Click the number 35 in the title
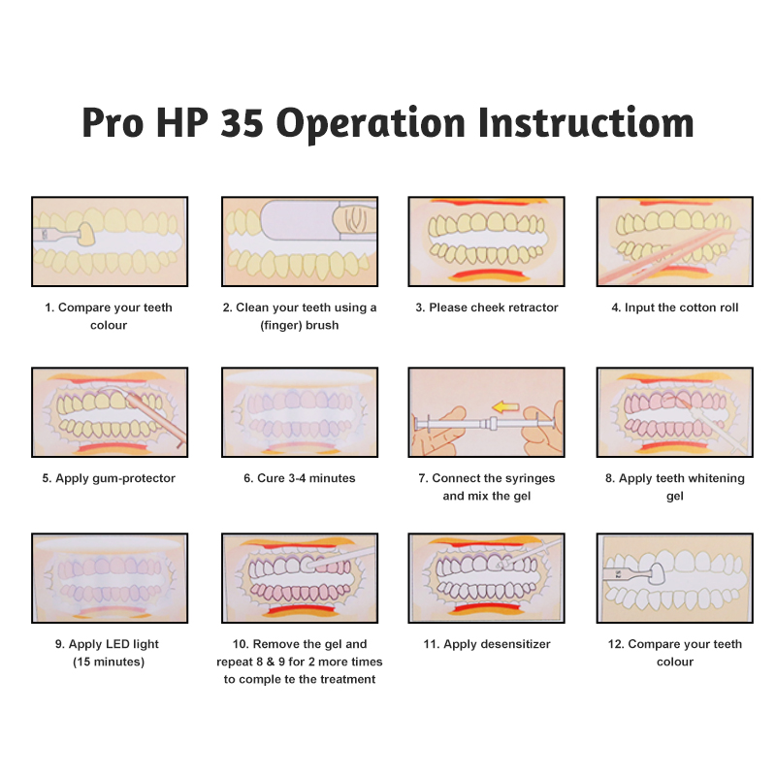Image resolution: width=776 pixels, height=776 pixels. [x=242, y=122]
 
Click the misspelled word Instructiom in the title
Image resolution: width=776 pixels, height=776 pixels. [x=586, y=122]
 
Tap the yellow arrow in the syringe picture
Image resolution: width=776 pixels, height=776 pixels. [x=505, y=407]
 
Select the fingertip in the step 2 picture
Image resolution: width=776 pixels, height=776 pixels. [x=354, y=220]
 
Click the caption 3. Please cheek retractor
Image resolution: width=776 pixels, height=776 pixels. [x=487, y=307]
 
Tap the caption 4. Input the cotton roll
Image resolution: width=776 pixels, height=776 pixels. [x=674, y=307]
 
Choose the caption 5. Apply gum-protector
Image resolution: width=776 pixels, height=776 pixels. [x=109, y=478]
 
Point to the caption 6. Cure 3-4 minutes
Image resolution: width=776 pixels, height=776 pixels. [x=300, y=478]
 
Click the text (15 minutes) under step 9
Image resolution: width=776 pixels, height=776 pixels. [x=109, y=662]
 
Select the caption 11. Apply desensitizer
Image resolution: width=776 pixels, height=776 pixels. [x=487, y=644]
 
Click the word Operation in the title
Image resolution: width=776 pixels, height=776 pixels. [x=371, y=124]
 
